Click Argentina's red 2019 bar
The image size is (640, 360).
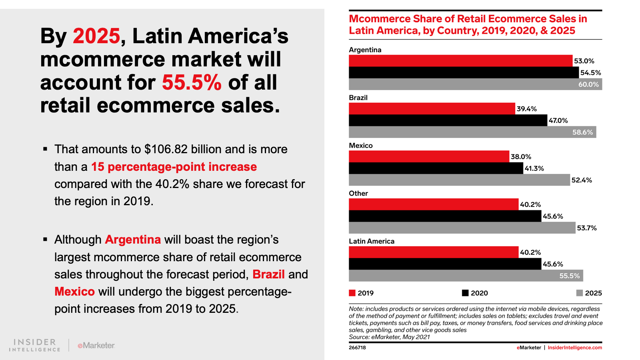(460, 61)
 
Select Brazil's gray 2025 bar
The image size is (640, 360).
(472, 132)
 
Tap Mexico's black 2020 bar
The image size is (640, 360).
(436, 168)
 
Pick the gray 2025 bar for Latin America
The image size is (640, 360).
(466, 276)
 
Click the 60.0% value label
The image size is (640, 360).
(588, 84)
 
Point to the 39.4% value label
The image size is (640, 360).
(526, 109)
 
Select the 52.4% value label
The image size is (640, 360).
(582, 180)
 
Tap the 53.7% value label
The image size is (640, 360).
(586, 228)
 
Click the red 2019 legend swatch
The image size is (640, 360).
(352, 293)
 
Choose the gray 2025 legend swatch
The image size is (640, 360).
(579, 293)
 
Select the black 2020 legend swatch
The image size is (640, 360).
(465, 293)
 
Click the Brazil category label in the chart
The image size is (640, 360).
(358, 98)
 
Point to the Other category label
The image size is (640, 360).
(358, 194)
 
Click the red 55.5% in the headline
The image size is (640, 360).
(192, 82)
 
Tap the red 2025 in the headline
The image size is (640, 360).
(96, 36)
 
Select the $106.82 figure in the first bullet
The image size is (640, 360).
(166, 149)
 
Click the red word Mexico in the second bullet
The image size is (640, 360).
(74, 292)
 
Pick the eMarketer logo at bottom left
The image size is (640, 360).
(96, 345)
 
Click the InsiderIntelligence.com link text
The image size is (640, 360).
(574, 348)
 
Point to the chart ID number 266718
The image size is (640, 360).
(357, 348)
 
